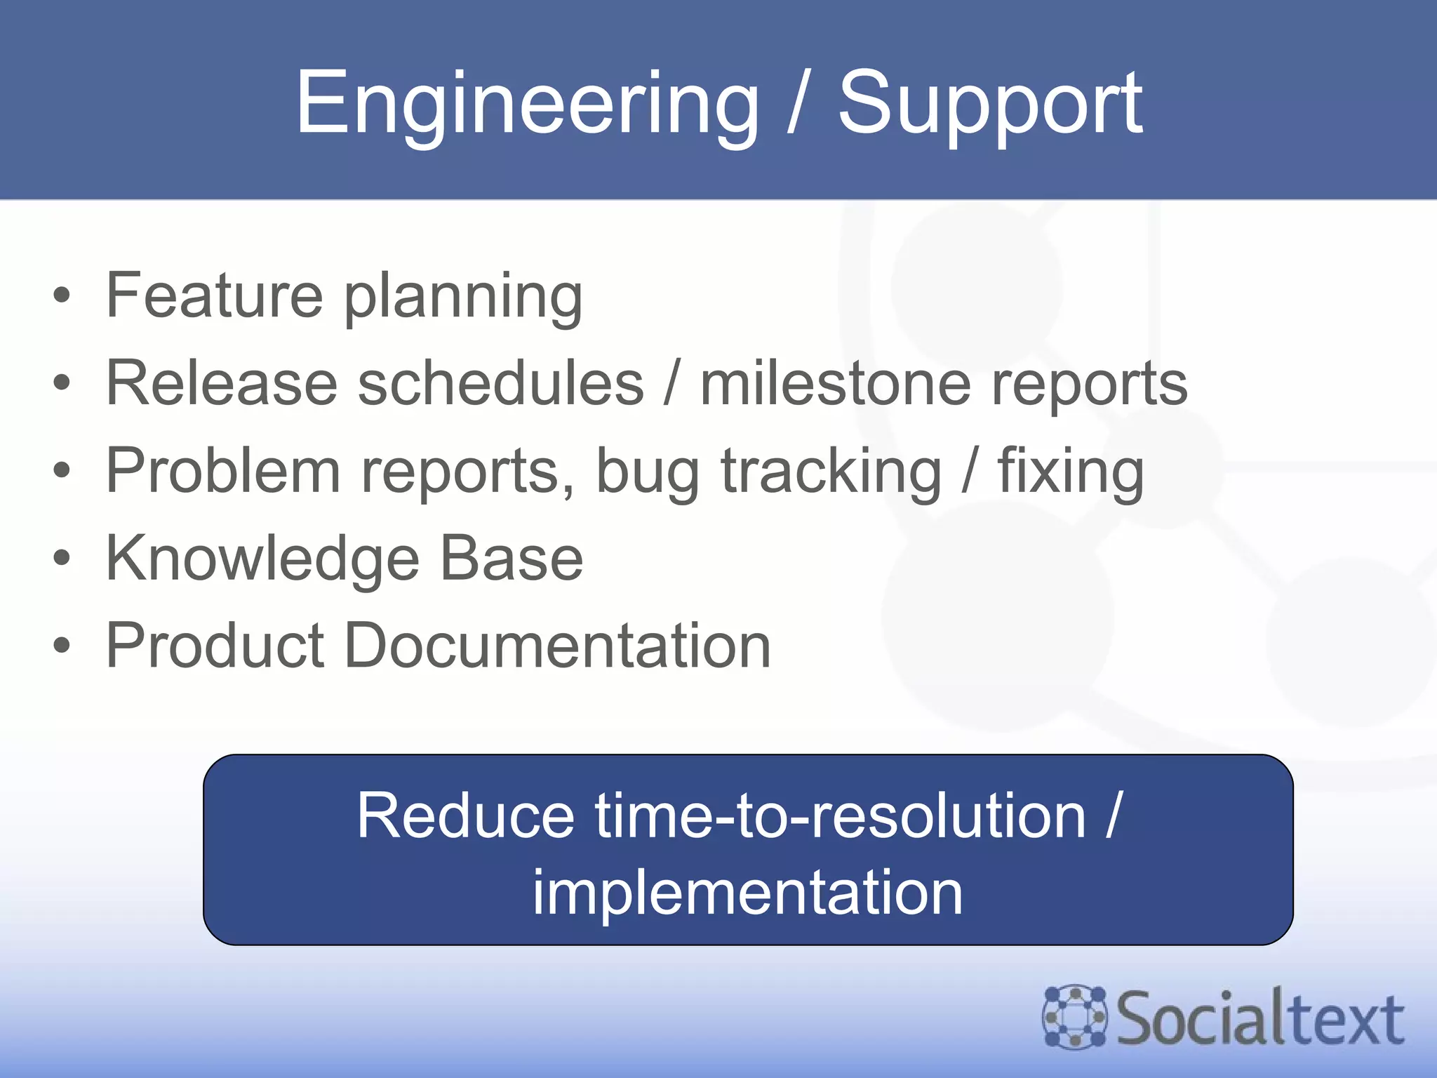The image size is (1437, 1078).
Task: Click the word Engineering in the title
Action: pyautogui.click(x=526, y=104)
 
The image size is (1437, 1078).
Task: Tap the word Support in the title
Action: pyautogui.click(x=990, y=104)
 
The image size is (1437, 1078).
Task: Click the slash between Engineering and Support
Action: pyautogui.click(x=797, y=104)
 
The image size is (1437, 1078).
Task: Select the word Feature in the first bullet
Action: pyautogui.click(x=214, y=295)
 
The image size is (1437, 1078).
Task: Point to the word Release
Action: pyautogui.click(x=221, y=382)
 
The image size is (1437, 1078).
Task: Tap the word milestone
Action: pyautogui.click(x=835, y=382)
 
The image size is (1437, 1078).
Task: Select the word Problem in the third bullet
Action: pyautogui.click(x=223, y=470)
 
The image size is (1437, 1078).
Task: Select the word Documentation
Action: pyautogui.click(x=557, y=646)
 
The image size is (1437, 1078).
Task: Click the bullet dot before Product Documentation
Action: pyautogui.click(x=62, y=646)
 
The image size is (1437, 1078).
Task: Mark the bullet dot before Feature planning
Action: pyautogui.click(x=62, y=295)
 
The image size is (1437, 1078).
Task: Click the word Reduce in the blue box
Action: pyautogui.click(x=465, y=816)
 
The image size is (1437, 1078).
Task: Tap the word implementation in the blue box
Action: pyautogui.click(x=747, y=893)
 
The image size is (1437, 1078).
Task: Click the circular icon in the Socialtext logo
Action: pyautogui.click(x=1074, y=1017)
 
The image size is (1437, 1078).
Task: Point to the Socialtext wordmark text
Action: pyautogui.click(x=1260, y=1018)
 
